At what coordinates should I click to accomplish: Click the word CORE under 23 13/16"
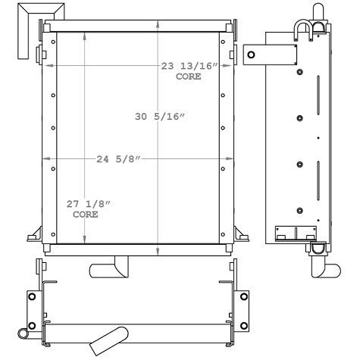coord(189,77)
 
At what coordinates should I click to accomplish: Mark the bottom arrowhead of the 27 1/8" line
coord(83,240)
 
